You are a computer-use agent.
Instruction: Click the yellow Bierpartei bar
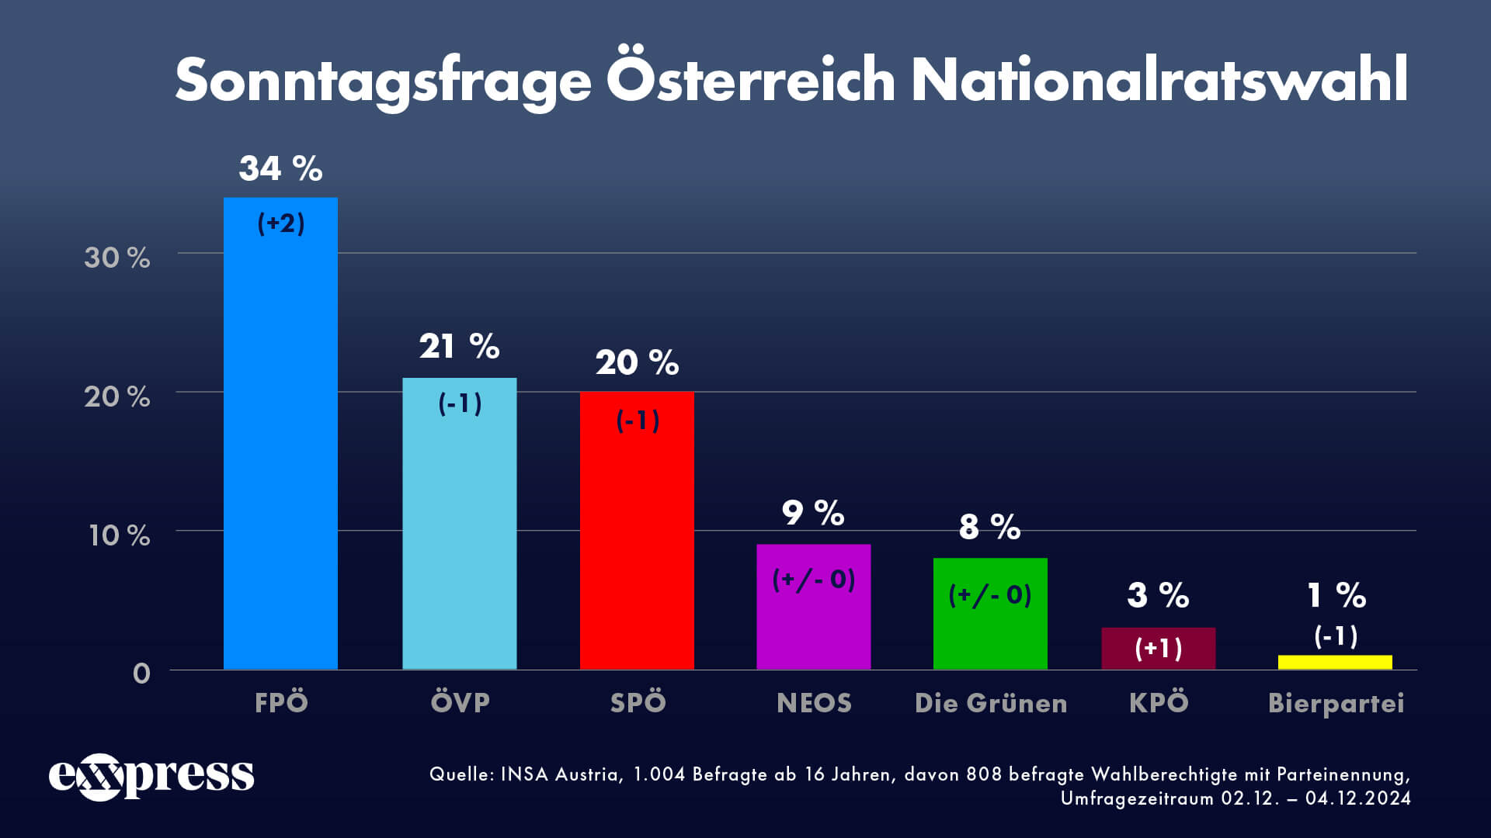click(x=1335, y=662)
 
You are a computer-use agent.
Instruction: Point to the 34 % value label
click(x=280, y=168)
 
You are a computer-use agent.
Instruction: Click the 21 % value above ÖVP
click(x=459, y=346)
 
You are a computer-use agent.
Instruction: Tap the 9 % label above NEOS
click(x=812, y=513)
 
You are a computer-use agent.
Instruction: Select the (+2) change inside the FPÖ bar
click(x=281, y=223)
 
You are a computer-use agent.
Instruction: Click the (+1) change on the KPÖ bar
click(x=1159, y=648)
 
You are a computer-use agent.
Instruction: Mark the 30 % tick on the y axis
click(x=117, y=258)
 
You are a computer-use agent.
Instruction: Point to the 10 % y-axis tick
click(x=119, y=535)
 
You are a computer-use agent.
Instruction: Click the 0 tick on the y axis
click(x=141, y=673)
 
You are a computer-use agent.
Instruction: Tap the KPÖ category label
click(x=1159, y=702)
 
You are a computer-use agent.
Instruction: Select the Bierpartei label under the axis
click(x=1336, y=703)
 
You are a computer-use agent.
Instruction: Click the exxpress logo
click(x=151, y=776)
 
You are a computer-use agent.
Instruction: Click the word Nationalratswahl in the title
click(x=1159, y=80)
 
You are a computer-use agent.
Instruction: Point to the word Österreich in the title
click(x=751, y=80)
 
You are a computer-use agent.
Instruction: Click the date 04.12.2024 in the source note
click(x=1357, y=798)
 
